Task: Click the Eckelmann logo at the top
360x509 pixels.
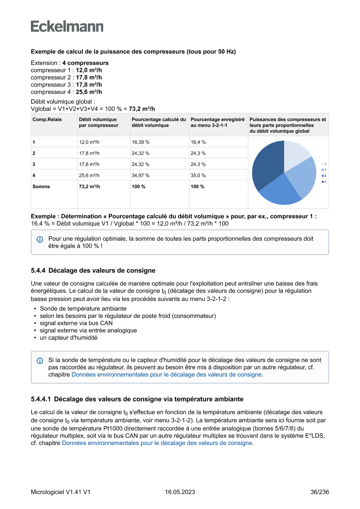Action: [67, 27]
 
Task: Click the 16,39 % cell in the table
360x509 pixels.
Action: [141, 142]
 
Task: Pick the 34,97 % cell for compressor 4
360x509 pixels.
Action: [141, 175]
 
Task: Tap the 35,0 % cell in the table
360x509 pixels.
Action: [198, 175]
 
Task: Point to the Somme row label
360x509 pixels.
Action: [41, 186]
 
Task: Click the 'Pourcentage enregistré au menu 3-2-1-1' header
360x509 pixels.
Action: [218, 122]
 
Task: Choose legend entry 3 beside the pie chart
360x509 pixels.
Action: [324, 175]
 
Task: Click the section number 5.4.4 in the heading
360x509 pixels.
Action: [38, 270]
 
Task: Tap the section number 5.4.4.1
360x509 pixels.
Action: [41, 399]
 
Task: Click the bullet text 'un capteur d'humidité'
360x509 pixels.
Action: [68, 337]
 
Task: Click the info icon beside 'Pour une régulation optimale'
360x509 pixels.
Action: [40, 239]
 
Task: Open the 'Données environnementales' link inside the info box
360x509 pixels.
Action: [167, 374]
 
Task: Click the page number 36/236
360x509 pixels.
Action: [320, 492]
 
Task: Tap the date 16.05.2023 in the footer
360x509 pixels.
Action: [180, 492]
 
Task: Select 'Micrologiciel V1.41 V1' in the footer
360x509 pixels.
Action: [61, 492]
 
